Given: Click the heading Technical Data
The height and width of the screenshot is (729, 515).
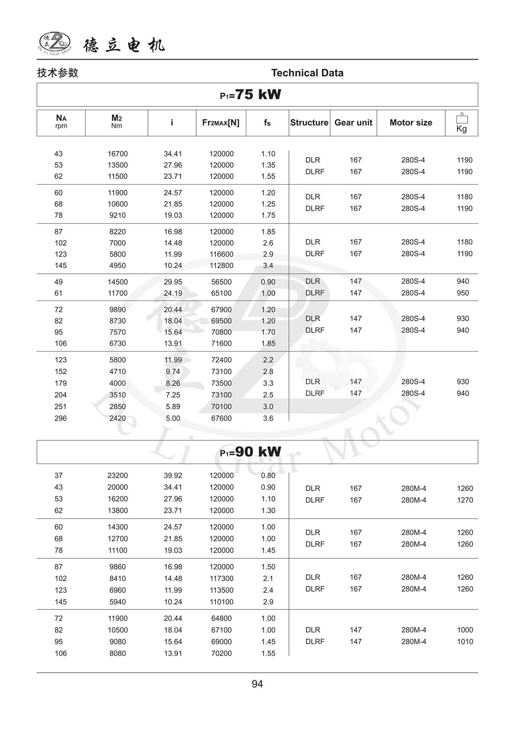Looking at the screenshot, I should click(x=307, y=73).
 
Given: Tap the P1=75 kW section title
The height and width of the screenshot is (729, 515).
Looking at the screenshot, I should click(x=250, y=95).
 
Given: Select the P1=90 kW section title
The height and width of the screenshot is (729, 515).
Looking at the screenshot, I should click(x=250, y=452).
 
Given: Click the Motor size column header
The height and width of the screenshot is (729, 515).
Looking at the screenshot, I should click(x=411, y=123).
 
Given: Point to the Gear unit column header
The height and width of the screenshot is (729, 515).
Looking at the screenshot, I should click(x=353, y=123).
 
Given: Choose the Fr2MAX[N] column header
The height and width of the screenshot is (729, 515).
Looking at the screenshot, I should click(x=221, y=123).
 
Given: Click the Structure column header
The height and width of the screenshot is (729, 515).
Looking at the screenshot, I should click(x=309, y=123).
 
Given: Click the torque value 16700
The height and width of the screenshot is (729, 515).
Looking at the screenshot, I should click(x=118, y=154).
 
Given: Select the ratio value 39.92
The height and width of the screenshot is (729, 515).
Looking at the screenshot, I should click(x=173, y=475).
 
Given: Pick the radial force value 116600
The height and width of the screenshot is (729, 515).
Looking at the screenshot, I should click(x=221, y=254).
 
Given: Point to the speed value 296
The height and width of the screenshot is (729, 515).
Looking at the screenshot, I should click(x=60, y=418).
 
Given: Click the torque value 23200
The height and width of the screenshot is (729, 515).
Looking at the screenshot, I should click(x=118, y=475).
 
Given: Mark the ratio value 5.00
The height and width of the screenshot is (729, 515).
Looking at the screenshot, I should click(x=173, y=418).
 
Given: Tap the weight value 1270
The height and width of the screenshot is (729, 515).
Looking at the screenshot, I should click(x=465, y=500).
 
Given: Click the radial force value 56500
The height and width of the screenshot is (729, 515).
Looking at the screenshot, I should click(x=221, y=282).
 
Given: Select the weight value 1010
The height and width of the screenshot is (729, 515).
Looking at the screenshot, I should click(x=465, y=642).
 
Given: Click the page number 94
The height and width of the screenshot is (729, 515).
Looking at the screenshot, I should click(x=257, y=684).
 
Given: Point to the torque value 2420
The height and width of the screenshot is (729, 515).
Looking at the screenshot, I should click(x=118, y=418).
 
